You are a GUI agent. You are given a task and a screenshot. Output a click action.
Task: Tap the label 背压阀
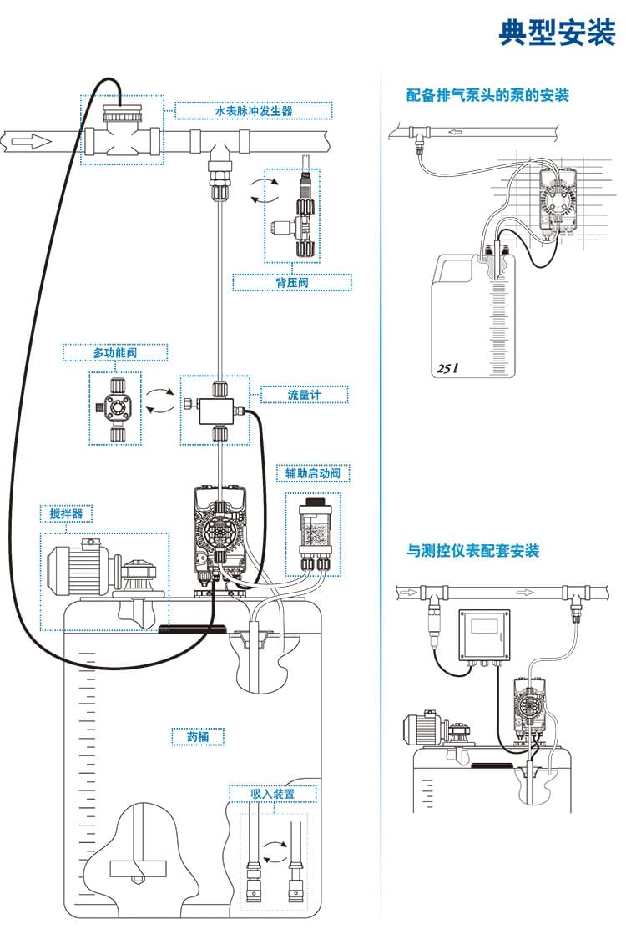(292, 283)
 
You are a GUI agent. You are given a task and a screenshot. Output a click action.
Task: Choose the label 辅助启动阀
(312, 473)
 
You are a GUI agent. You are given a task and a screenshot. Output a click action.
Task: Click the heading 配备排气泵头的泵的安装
(487, 95)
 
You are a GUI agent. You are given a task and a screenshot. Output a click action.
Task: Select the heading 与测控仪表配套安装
(472, 551)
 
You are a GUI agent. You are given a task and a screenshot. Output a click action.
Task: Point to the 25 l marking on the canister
(450, 367)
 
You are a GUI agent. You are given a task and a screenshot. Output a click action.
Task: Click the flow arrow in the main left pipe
(24, 141)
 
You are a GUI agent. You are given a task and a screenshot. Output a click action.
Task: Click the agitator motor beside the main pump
(79, 569)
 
